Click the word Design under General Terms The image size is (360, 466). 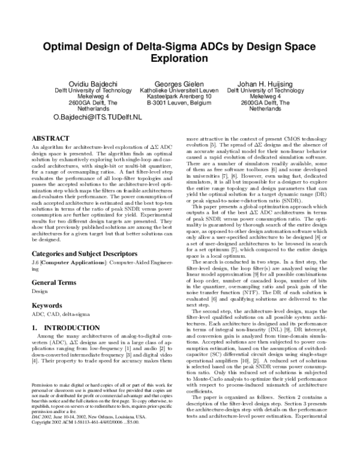pyautogui.click(x=40, y=292)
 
